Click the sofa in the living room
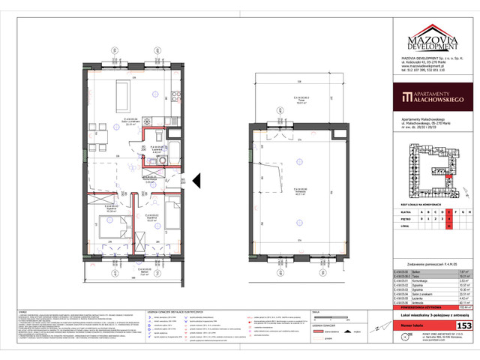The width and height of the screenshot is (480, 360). [121, 93]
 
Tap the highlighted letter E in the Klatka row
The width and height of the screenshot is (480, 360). [448, 212]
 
